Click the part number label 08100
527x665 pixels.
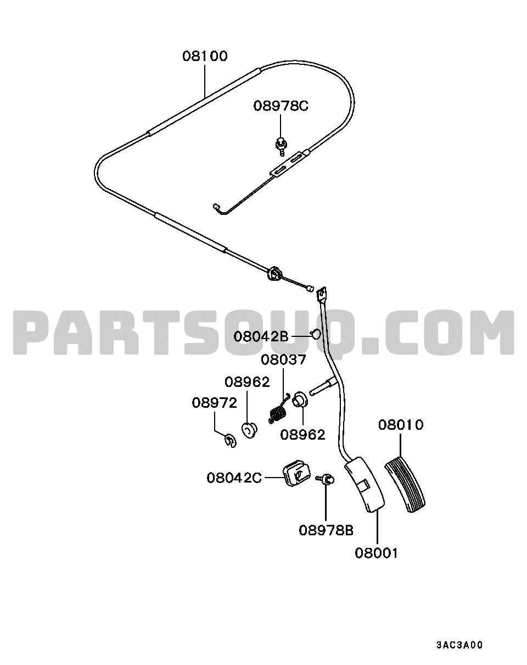point(205,56)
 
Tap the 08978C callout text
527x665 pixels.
point(281,106)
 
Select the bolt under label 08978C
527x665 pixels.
point(281,146)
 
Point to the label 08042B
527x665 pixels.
point(261,336)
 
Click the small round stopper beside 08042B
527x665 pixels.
point(315,334)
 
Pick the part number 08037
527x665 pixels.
point(283,359)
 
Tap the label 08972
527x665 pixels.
point(215,403)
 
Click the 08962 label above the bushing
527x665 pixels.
point(247,383)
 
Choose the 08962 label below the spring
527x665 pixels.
point(303,435)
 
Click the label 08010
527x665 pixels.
point(401,425)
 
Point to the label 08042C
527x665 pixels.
point(234,478)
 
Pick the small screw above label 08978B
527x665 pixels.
point(325,479)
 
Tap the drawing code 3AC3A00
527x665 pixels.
point(459,645)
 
